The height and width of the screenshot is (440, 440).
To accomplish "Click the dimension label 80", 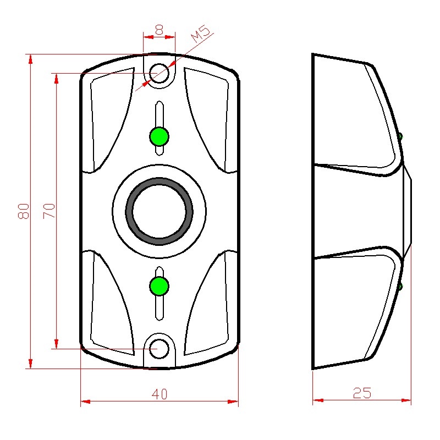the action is coord(24,211).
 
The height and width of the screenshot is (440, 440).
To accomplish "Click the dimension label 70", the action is coord(49,211).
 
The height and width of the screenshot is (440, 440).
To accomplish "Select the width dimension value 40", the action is coord(159,394).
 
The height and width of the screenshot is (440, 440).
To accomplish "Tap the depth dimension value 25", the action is coord(362,393).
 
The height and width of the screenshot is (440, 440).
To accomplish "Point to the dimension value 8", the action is coord(159,30).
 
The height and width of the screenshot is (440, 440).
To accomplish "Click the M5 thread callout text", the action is coord(200,34).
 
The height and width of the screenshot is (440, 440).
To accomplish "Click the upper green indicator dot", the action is coord(159,136).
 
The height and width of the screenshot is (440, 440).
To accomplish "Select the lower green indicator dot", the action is coord(159,286).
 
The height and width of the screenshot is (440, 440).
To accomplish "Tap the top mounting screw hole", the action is coord(159,73).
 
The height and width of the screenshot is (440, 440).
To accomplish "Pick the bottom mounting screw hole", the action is coord(159,349).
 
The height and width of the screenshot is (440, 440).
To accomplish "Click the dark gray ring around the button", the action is coord(159,211).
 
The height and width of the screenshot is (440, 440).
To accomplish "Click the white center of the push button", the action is coord(159,211).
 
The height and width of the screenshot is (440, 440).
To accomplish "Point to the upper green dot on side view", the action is coord(400,136).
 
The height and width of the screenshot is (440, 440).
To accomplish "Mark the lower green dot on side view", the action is coord(400,286).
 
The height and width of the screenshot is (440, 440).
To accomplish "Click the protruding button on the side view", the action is coord(407,211).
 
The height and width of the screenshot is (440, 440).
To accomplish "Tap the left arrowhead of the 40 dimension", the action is coord(85,402).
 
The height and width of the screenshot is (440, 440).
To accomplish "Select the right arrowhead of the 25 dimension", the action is coord(406,400).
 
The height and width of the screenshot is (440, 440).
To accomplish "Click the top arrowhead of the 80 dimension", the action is coord(30,59).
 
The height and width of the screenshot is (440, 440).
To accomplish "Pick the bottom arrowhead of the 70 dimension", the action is coord(57,344).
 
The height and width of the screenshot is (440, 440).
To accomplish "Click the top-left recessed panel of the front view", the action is coord(112,118).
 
